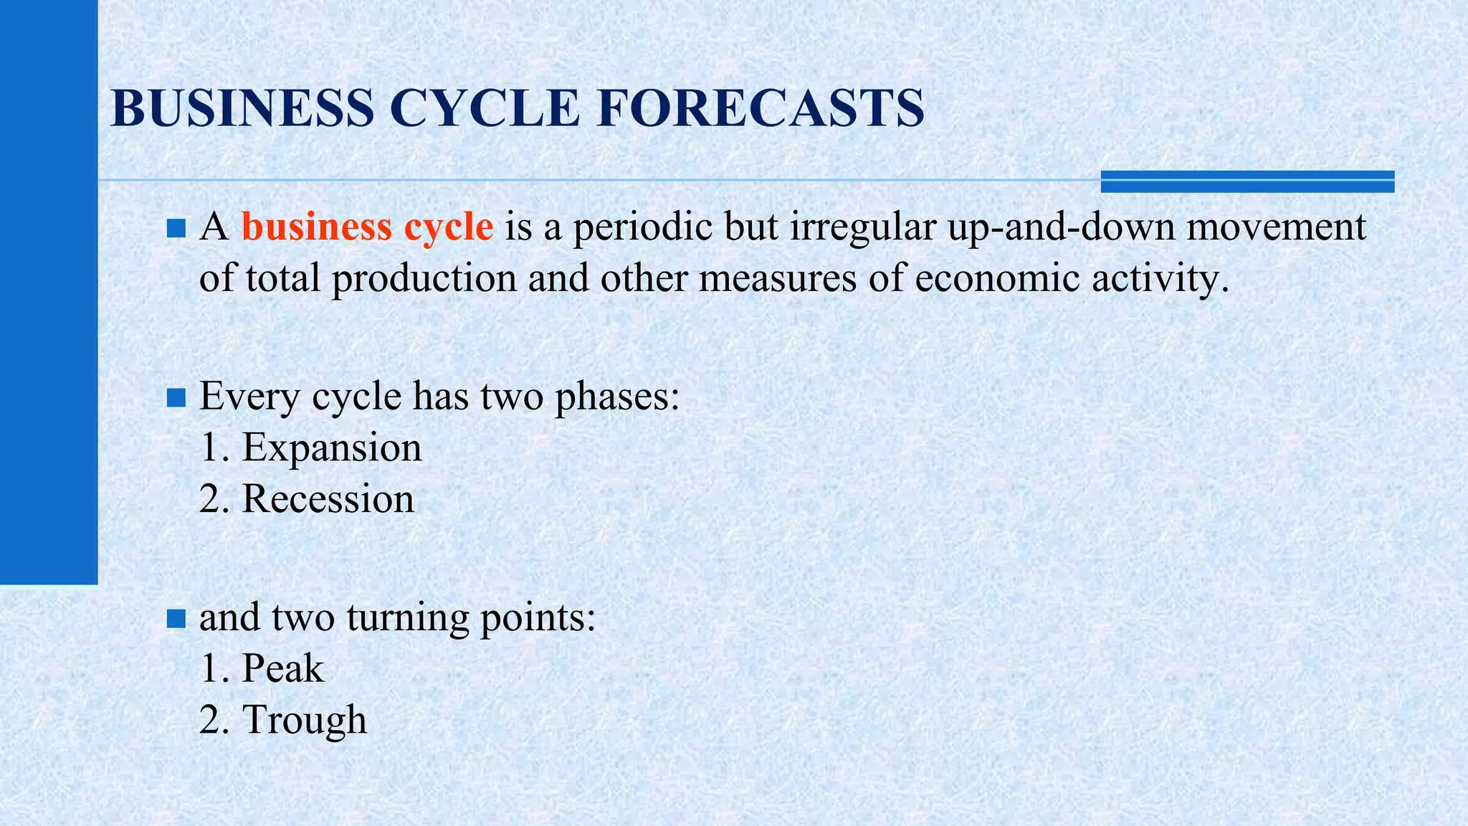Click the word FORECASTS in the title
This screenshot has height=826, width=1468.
(x=760, y=108)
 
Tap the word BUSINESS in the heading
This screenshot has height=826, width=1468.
(x=242, y=108)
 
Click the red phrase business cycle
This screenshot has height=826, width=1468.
(x=367, y=228)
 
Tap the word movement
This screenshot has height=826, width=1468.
(x=1276, y=228)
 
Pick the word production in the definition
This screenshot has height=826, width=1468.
(x=424, y=278)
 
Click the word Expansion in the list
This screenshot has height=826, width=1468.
(x=332, y=447)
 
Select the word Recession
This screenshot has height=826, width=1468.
(x=328, y=499)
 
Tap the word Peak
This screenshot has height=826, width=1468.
(x=283, y=668)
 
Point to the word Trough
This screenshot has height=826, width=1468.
(x=305, y=720)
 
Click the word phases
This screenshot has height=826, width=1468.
(x=616, y=396)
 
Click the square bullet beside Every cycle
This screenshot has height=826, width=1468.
(x=176, y=397)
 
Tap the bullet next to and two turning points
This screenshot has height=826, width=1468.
(x=176, y=618)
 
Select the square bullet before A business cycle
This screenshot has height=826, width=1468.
(x=176, y=229)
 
